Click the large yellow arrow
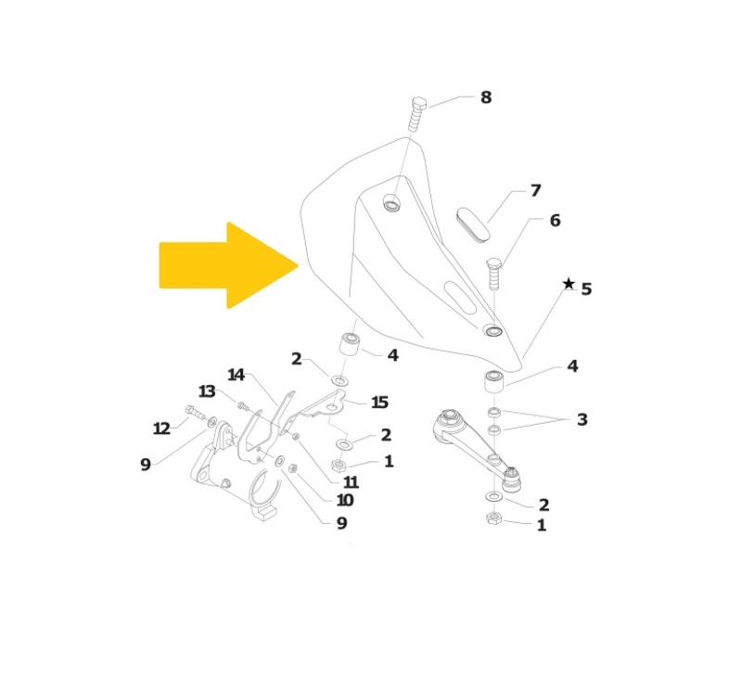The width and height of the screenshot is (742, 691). tap(228, 265)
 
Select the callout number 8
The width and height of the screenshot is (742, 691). tap(486, 97)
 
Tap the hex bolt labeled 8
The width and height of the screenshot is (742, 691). tap(416, 114)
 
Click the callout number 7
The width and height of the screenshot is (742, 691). tap(535, 190)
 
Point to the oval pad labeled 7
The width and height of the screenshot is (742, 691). tap(473, 224)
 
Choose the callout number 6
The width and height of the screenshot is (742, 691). tap(555, 221)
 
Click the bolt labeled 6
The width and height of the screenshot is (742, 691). tap(494, 274)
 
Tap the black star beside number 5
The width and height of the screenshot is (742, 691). tap(569, 284)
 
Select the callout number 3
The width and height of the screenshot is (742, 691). tap(582, 419)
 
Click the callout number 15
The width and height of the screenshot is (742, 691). tap(379, 403)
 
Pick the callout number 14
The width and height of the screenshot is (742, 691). tap(237, 375)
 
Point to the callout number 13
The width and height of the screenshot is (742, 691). tap(207, 391)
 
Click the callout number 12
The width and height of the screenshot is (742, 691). tap(161, 429)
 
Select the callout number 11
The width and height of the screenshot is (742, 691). tap(351, 482)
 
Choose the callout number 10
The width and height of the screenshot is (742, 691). tap(344, 500)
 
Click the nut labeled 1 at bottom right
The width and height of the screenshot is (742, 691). tap(493, 518)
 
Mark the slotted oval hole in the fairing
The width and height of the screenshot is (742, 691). tap(460, 297)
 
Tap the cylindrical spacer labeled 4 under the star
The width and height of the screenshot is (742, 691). tap(494, 382)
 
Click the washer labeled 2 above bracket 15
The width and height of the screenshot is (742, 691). tap(339, 380)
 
